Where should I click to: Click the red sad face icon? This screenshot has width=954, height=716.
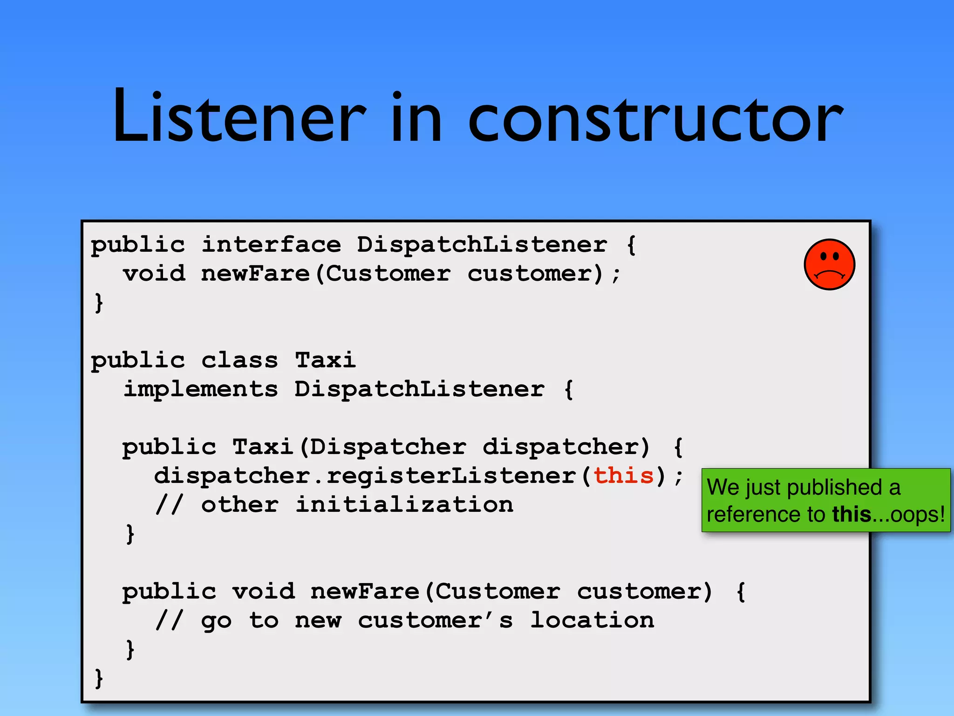(829, 265)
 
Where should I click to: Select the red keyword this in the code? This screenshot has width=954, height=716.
(624, 475)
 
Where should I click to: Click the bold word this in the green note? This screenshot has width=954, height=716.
(852, 515)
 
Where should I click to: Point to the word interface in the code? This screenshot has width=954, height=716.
(271, 244)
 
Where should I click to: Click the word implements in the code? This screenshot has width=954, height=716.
(201, 389)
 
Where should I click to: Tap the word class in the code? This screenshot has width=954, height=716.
(239, 360)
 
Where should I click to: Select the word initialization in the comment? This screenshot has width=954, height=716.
(404, 504)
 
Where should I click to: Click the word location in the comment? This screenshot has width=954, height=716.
(593, 620)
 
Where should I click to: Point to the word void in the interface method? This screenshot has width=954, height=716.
(154, 273)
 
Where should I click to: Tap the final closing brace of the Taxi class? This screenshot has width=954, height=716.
(99, 678)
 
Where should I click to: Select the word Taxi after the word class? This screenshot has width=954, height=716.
(326, 360)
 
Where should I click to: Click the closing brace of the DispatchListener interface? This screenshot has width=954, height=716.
(99, 302)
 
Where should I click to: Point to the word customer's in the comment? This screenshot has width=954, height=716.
(436, 620)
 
